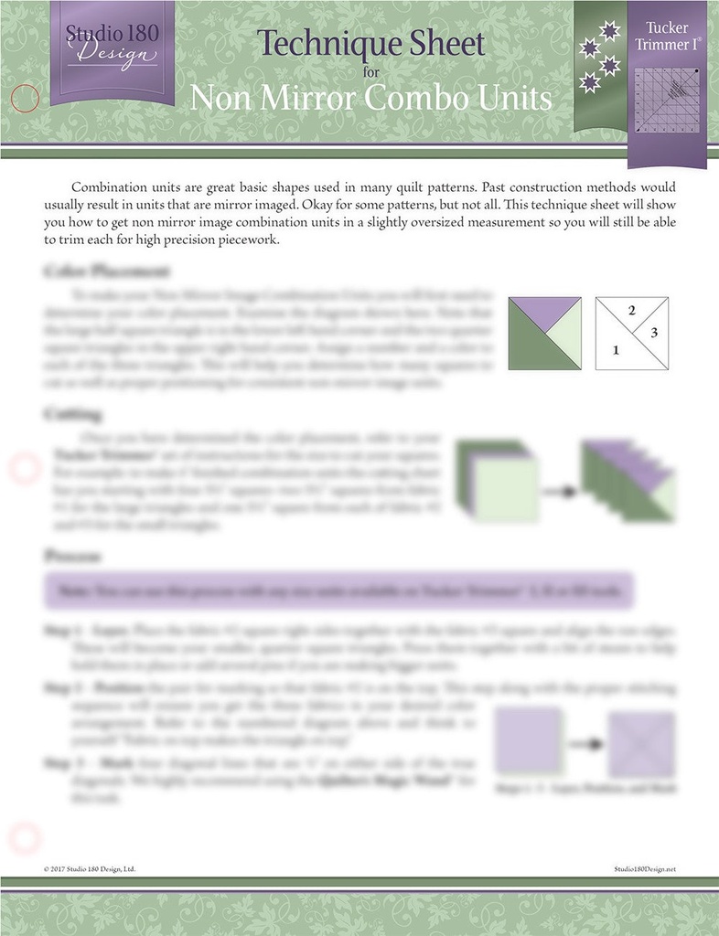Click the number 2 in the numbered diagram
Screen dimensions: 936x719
[632, 311]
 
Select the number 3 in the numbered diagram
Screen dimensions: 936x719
[653, 333]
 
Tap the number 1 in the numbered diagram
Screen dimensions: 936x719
[616, 349]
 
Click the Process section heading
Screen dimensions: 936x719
[72, 556]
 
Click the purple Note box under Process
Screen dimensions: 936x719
[338, 591]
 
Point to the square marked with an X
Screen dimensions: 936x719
[641, 744]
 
